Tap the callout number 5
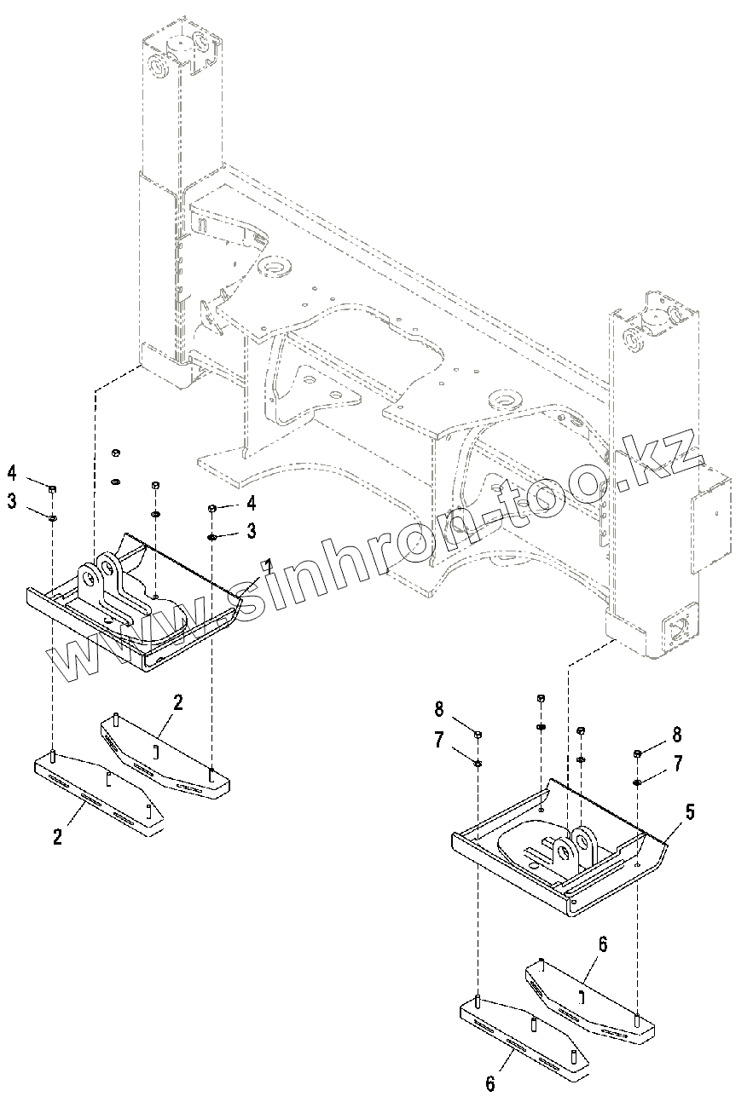pos(689,811)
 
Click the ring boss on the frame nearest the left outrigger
pos(275,268)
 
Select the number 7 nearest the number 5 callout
pos(678,764)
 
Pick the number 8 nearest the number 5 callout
pos(677,734)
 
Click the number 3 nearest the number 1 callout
pos(252,531)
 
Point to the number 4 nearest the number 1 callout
pos(252,504)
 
